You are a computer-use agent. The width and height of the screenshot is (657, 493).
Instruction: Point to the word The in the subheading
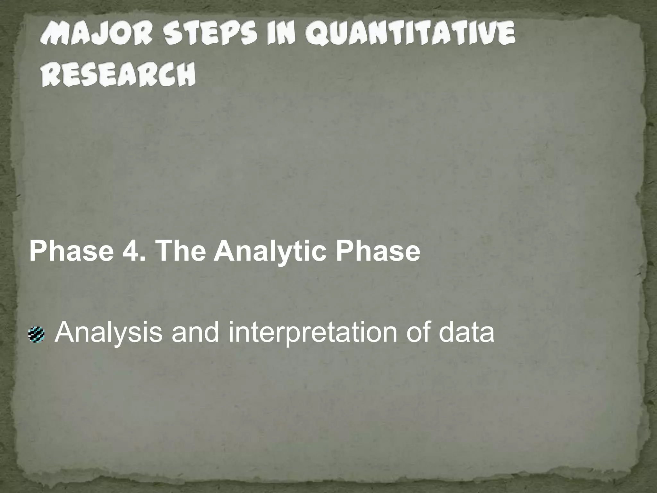pyautogui.click(x=180, y=251)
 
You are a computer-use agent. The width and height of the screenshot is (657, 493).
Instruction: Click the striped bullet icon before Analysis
pyautogui.click(x=37, y=335)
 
